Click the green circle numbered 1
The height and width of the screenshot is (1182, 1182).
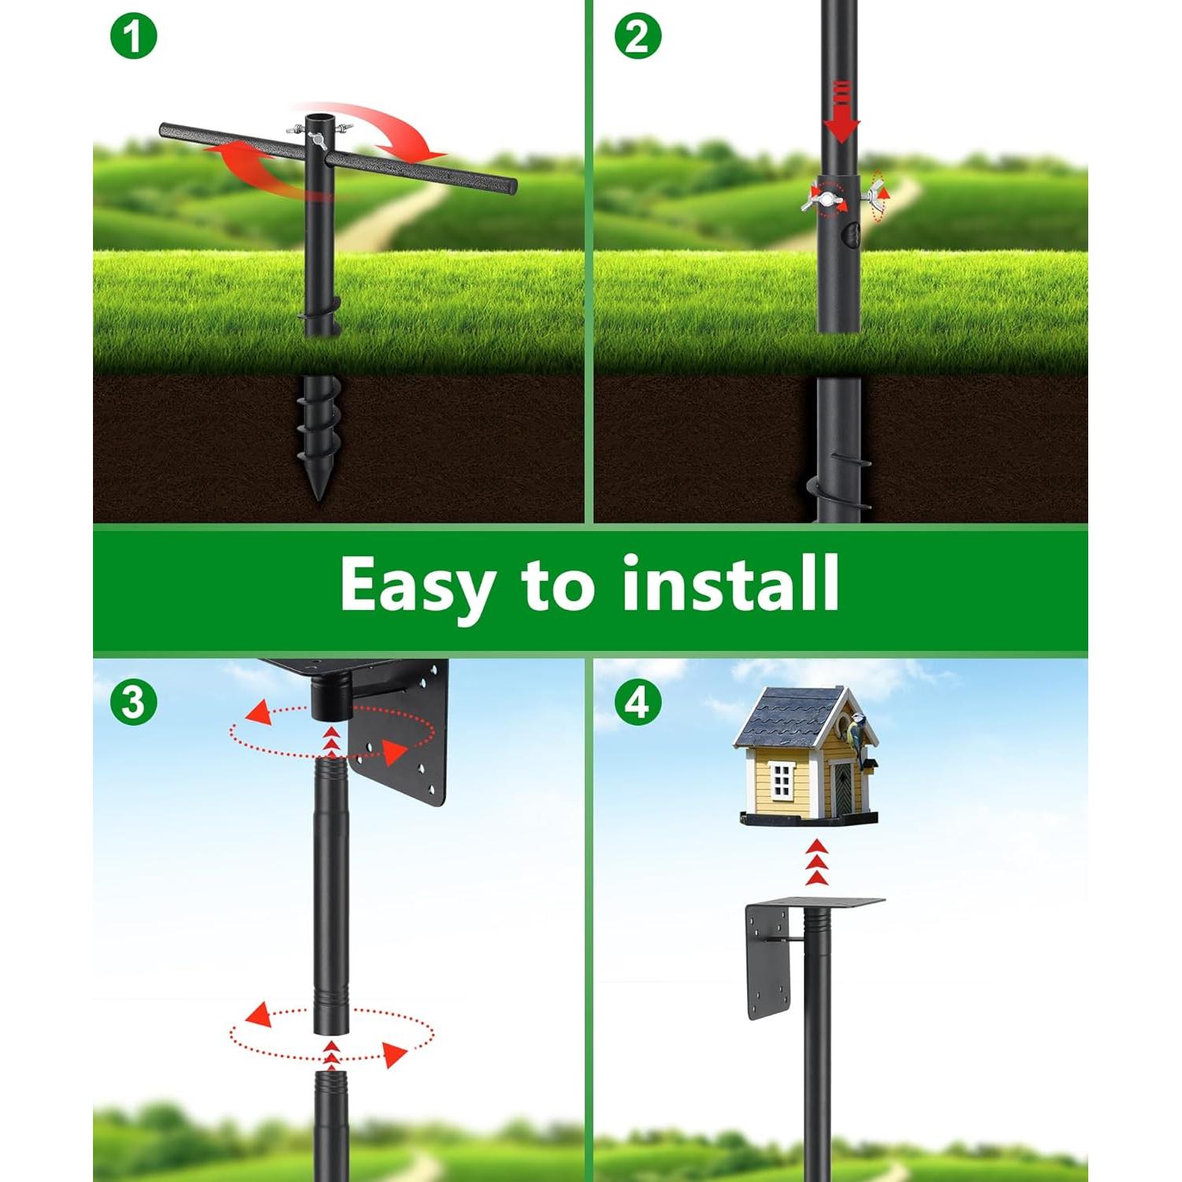click(133, 37)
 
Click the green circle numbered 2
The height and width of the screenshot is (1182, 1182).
click(637, 37)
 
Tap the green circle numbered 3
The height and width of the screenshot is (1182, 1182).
click(133, 701)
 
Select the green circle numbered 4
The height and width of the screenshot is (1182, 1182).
click(637, 701)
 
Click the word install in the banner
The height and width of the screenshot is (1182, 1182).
click(730, 584)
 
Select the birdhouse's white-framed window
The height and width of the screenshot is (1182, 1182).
click(781, 779)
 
